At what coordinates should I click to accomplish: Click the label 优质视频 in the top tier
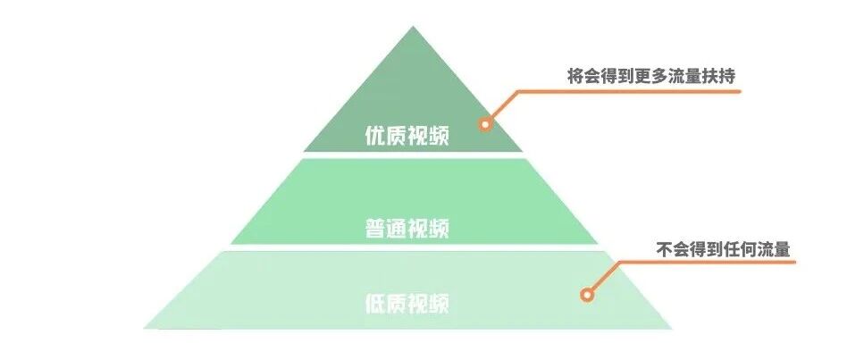[407, 137]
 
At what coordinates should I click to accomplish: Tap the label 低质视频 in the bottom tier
[407, 303]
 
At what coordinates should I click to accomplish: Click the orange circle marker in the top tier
[485, 124]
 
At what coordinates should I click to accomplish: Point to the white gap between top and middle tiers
[413, 155]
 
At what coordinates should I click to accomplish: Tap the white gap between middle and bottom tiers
[413, 247]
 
